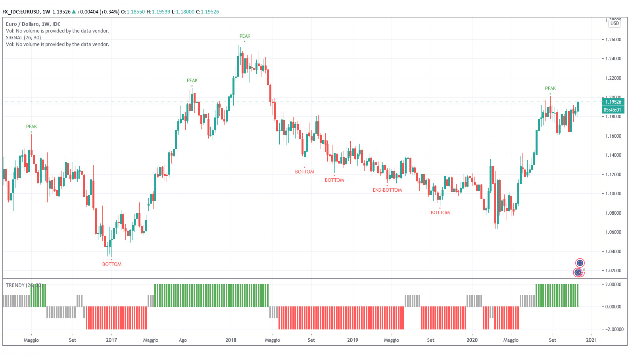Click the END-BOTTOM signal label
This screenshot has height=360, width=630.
tap(387, 190)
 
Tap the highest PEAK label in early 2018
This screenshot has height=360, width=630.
tap(245, 36)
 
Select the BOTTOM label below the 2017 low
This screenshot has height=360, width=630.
tap(112, 264)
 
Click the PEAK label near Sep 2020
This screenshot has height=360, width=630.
tap(550, 89)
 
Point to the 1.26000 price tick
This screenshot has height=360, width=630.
tap(613, 40)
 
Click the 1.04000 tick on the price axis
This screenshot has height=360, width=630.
tap(613, 252)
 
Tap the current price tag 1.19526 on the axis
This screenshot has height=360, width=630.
tap(613, 102)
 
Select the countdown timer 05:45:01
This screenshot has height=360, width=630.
tap(613, 110)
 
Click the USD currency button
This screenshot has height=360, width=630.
tap(615, 23)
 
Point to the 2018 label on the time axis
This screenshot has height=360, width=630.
tap(231, 340)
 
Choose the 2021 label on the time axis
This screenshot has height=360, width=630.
tap(592, 340)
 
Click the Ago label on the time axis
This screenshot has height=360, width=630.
tap(183, 340)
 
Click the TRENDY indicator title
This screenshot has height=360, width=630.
tap(24, 285)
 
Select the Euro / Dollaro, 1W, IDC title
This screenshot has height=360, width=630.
tap(33, 24)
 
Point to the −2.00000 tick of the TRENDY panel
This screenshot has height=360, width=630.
tap(613, 329)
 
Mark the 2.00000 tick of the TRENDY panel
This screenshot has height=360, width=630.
tap(613, 285)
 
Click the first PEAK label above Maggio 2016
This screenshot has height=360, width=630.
tap(31, 127)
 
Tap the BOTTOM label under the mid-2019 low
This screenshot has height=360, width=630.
tap(440, 213)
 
